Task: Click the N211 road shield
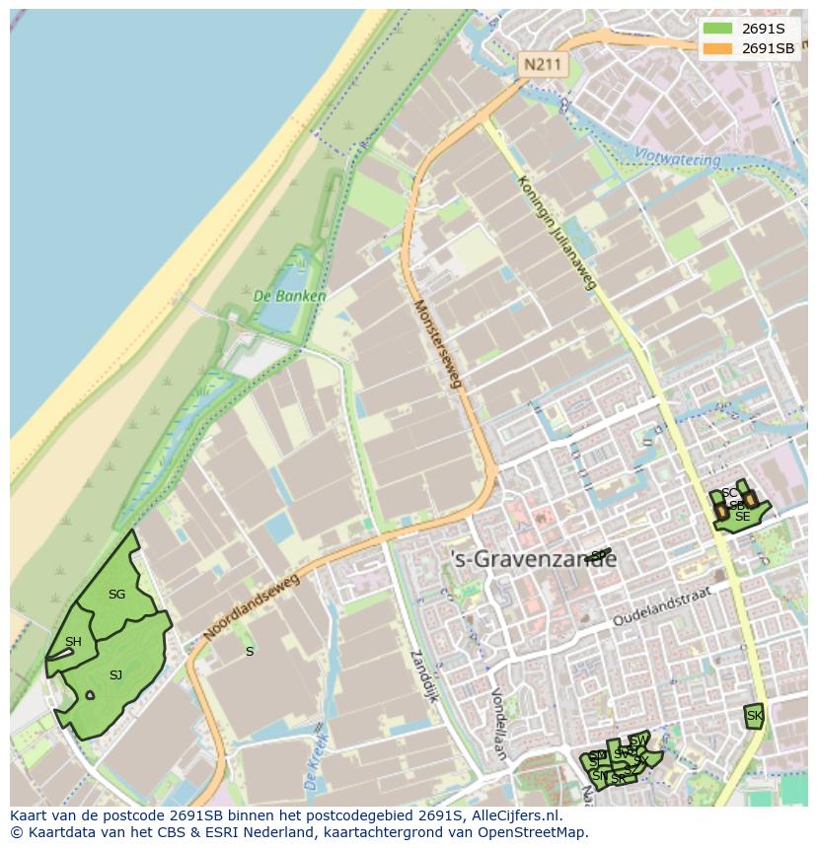coord(542,65)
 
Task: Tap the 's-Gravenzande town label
coord(533,559)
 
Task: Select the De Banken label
coord(289,295)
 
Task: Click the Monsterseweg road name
coord(437,343)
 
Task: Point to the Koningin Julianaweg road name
coord(557,232)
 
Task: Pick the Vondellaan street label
coord(498,725)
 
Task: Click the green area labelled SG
coord(116,594)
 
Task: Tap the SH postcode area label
coord(73,642)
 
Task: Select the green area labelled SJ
coord(115,675)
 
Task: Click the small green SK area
coord(754,716)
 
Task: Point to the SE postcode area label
coord(742,517)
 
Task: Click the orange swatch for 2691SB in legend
coord(718,48)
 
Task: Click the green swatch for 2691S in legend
coord(718,29)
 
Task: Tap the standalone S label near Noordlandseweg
coord(250,652)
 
